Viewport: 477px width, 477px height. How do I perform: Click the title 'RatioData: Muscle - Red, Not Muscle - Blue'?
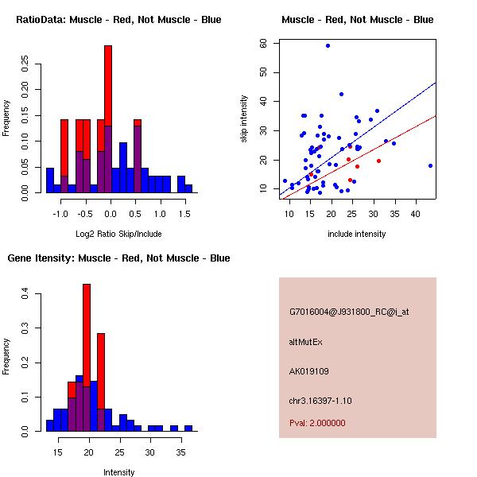[x=118, y=20]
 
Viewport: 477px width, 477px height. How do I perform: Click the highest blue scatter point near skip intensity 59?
[x=328, y=45]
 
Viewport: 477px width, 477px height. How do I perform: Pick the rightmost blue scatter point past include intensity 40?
[x=430, y=165]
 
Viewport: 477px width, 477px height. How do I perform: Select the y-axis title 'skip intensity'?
[x=245, y=119]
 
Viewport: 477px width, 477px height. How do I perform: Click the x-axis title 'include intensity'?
[x=357, y=234]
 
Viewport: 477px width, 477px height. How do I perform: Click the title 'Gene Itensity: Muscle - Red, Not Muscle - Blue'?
[x=118, y=258]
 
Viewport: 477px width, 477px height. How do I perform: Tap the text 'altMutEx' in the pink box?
[x=306, y=342]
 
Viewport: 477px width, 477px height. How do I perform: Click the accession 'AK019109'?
[x=309, y=371]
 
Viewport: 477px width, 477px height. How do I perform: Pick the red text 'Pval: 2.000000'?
[x=317, y=423]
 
